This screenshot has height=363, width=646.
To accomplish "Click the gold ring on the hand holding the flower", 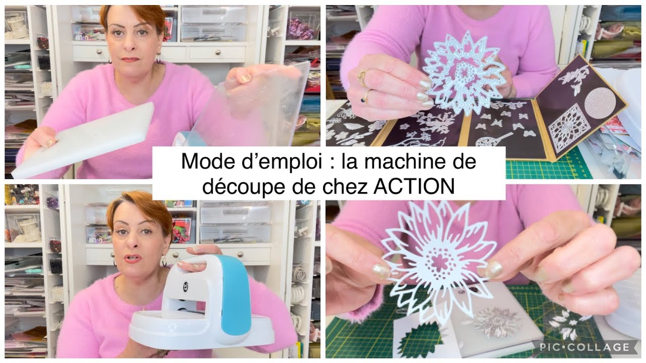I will tap(362, 77).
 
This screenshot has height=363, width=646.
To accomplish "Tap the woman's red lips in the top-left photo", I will tap(130, 59).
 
